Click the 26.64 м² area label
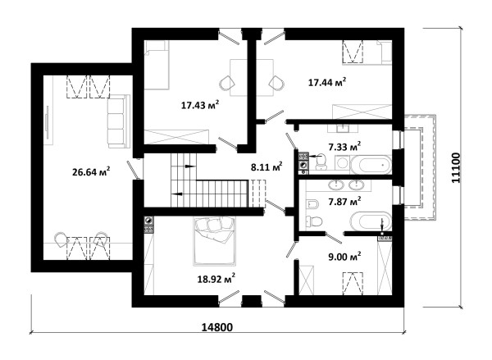[91, 171]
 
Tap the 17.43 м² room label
[200, 104]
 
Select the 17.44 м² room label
[327, 82]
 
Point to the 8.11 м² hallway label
[266, 166]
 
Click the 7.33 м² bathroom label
[344, 146]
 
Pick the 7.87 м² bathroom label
[344, 201]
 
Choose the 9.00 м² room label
[344, 257]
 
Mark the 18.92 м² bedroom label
[216, 278]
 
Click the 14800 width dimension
[217, 327]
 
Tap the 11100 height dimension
[455, 168]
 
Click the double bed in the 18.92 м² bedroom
[215, 241]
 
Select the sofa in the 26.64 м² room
[119, 121]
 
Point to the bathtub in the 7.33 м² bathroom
[371, 164]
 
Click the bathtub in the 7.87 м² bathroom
[371, 221]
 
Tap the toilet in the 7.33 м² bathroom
[321, 162]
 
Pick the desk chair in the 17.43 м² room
[227, 83]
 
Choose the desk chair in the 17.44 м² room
[276, 83]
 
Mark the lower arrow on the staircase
[177, 194]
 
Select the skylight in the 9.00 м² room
[353, 284]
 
